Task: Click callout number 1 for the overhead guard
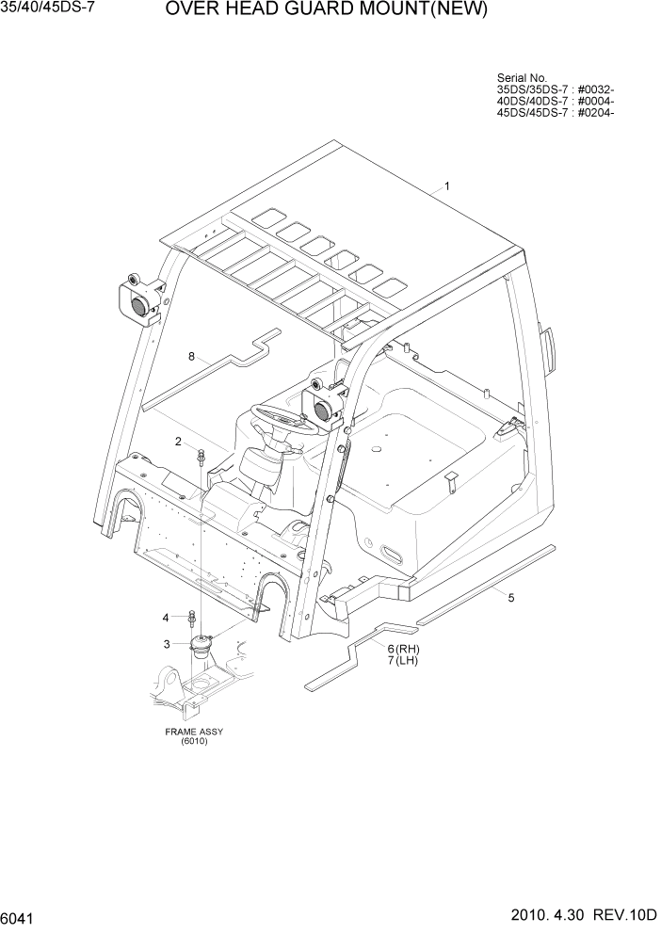click(x=446, y=186)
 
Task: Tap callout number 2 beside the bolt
click(x=177, y=441)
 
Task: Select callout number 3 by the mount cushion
click(x=167, y=644)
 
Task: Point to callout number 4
click(x=166, y=618)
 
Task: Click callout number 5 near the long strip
click(x=511, y=597)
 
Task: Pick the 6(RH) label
click(x=403, y=649)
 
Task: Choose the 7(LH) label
click(x=403, y=661)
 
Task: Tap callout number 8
click(x=191, y=356)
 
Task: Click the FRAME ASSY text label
click(x=194, y=732)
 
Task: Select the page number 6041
click(x=20, y=916)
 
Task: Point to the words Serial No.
click(x=521, y=78)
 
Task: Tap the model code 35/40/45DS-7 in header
click(x=48, y=9)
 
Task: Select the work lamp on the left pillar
click(x=137, y=298)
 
